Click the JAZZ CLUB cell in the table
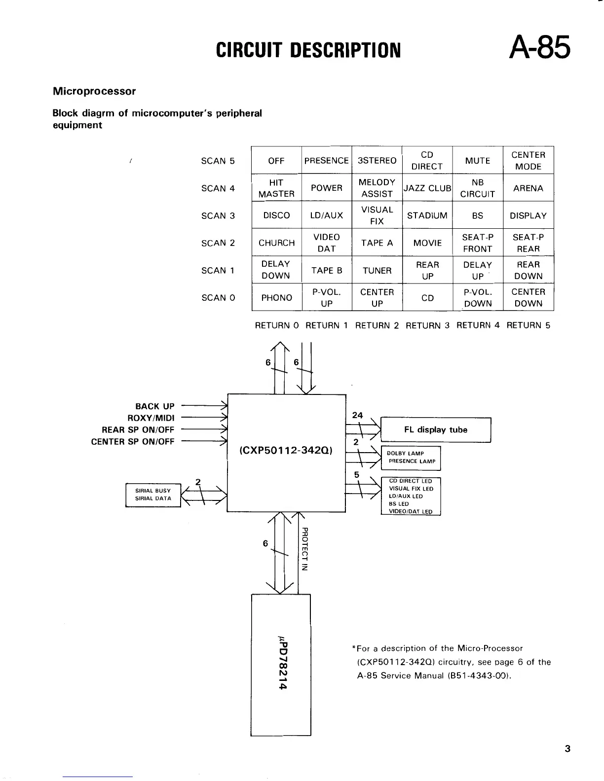427,188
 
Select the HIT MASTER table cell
276,188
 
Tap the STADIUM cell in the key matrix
427,215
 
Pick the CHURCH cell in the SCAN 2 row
276,243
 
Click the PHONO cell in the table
276,298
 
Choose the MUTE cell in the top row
478,161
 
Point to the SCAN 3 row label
218,216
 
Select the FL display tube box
436,430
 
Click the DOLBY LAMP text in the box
406,454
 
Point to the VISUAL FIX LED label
411,489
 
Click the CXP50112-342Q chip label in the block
286,451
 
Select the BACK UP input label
154,406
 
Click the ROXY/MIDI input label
151,418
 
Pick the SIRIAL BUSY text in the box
153,491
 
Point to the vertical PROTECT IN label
304,549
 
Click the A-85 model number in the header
540,48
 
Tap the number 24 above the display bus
357,416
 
